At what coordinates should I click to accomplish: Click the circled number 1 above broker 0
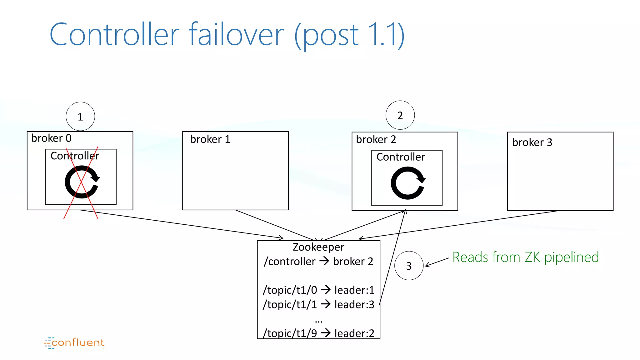pyautogui.click(x=80, y=116)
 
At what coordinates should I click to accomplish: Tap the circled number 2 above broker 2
pyautogui.click(x=400, y=115)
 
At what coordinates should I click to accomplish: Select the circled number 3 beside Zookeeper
pyautogui.click(x=409, y=266)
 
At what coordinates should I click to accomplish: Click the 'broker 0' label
pyautogui.click(x=51, y=138)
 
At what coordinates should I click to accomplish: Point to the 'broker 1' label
pyautogui.click(x=210, y=139)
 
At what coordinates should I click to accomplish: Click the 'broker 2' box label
pyautogui.click(x=376, y=139)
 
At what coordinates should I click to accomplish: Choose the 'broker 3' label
pyautogui.click(x=532, y=142)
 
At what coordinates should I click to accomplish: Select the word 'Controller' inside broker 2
pyautogui.click(x=401, y=157)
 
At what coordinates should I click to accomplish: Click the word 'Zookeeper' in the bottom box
pyautogui.click(x=318, y=247)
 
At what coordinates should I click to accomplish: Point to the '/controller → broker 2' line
pyautogui.click(x=318, y=261)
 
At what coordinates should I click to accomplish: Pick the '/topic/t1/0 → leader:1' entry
pyautogui.click(x=318, y=290)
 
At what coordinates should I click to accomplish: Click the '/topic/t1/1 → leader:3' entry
pyautogui.click(x=318, y=304)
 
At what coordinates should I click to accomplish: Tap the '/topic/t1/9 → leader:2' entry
pyautogui.click(x=318, y=333)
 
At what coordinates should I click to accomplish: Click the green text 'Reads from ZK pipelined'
pyautogui.click(x=525, y=257)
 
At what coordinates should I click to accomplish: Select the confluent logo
pyautogui.click(x=74, y=343)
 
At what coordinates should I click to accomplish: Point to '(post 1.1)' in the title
pyautogui.click(x=349, y=35)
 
